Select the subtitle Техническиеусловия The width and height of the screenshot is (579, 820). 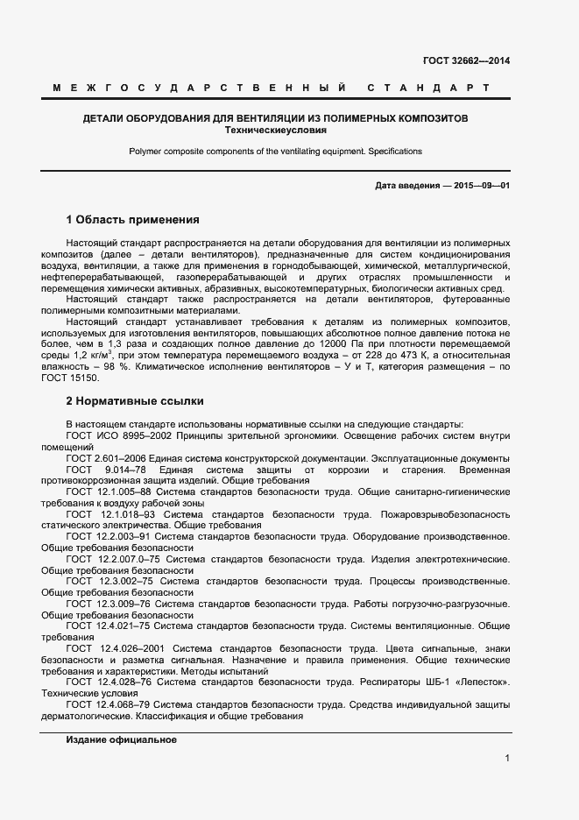pos(275,130)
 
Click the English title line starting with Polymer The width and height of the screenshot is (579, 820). pos(275,151)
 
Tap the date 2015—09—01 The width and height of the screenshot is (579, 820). pos(481,186)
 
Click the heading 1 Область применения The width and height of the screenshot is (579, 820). pos(133,219)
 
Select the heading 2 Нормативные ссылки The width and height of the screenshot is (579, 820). pos(135,401)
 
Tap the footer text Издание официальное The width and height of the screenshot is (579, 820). pos(122,740)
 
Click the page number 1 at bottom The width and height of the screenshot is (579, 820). pos(507,759)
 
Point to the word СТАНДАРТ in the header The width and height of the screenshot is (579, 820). pos(427,88)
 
